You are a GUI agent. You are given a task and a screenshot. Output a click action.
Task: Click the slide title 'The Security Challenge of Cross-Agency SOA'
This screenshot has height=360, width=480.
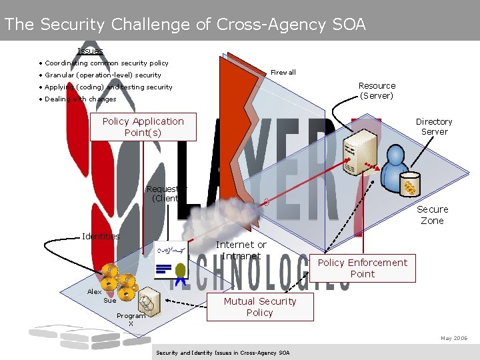185,25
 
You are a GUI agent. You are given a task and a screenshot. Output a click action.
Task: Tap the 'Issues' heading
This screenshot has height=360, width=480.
90,51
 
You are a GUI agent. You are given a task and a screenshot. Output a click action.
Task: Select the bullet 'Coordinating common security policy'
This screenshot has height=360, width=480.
107,63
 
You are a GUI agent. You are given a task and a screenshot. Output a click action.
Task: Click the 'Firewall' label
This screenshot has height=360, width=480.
283,72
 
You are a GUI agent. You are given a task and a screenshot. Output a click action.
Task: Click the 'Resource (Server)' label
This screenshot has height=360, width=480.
377,91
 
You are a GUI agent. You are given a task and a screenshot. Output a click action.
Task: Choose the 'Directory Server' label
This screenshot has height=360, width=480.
434,127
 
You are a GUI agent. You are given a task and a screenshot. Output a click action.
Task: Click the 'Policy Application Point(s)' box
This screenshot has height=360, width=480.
143,127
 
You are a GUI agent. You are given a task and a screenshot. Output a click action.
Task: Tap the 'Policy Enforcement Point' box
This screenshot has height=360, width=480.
362,268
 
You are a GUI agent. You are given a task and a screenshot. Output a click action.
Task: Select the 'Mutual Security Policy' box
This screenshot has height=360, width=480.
259,307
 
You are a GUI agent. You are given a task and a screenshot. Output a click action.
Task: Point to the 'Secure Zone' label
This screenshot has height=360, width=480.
432,215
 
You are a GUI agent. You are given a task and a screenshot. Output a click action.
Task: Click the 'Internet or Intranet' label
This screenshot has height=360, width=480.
241,250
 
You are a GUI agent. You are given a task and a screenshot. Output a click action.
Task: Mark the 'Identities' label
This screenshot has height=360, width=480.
101,236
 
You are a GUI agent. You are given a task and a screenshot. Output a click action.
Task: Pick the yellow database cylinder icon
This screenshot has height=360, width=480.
409,185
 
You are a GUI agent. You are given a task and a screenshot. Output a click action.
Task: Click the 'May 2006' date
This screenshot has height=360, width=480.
454,338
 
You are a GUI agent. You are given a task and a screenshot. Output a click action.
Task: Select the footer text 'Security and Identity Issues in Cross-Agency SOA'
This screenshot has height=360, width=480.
222,352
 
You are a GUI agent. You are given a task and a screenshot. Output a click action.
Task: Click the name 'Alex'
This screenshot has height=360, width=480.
94,291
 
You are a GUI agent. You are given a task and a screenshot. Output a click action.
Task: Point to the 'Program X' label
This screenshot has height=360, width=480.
131,319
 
